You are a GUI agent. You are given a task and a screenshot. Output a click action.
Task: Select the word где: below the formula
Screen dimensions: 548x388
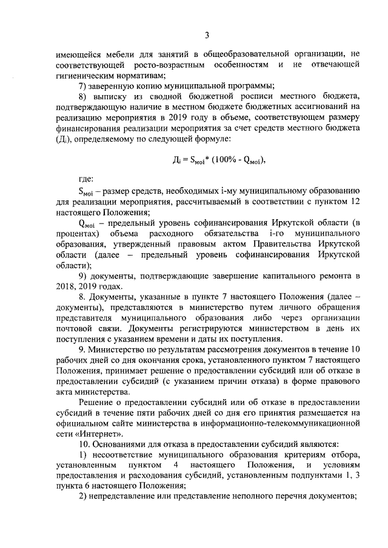pos(85,180)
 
